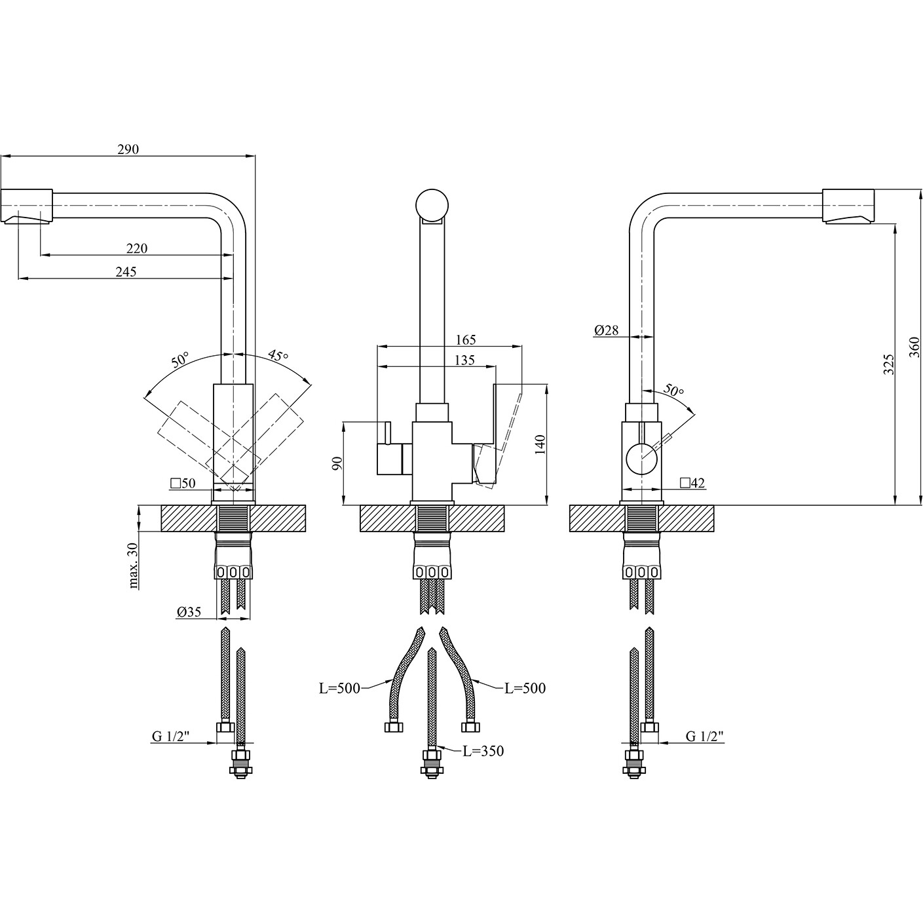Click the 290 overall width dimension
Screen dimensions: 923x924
pyautogui.click(x=128, y=149)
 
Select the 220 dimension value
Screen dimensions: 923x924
pyautogui.click(x=137, y=248)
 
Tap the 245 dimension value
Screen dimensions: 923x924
pyautogui.click(x=126, y=272)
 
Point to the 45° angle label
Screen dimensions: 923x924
pyautogui.click(x=279, y=356)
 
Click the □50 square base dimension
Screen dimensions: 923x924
pyautogui.click(x=183, y=483)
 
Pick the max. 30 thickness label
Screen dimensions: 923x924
pyautogui.click(x=133, y=566)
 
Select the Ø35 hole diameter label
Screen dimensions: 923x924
pyautogui.click(x=189, y=611)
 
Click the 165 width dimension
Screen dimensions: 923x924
pyautogui.click(x=466, y=339)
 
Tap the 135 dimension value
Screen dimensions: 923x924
pyautogui.click(x=464, y=360)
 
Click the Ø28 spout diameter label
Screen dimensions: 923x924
pyautogui.click(x=607, y=330)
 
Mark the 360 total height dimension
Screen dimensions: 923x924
pyautogui.click(x=914, y=347)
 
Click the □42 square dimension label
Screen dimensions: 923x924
pyautogui.click(x=692, y=483)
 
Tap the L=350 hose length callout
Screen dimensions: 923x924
pyautogui.click(x=483, y=751)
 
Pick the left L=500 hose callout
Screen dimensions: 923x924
pyautogui.click(x=339, y=688)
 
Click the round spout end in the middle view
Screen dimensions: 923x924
pyautogui.click(x=432, y=206)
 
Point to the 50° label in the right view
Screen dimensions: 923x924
pyautogui.click(x=674, y=390)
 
